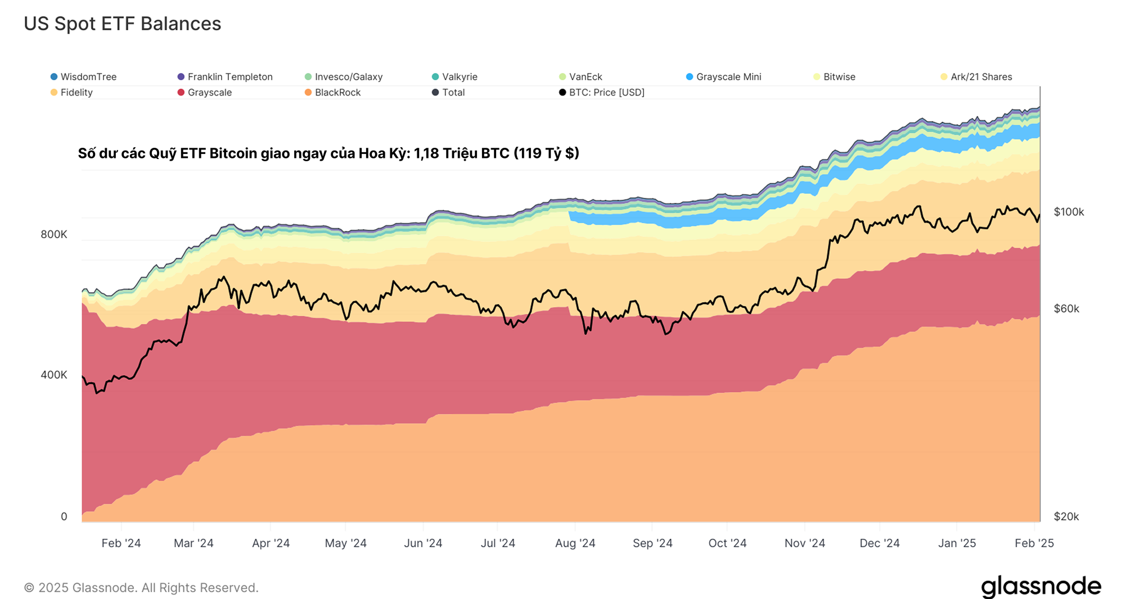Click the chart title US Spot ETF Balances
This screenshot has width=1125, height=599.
122,24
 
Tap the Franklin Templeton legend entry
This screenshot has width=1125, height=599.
225,77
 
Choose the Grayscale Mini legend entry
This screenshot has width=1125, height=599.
723,77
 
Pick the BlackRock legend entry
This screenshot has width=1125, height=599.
332,93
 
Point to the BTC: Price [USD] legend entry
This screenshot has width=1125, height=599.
602,93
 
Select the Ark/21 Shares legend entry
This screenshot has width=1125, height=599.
976,77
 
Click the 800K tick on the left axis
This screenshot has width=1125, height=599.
54,234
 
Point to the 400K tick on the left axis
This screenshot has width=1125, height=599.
54,375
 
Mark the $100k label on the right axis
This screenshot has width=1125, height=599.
1069,212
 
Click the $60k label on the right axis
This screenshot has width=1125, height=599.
1066,308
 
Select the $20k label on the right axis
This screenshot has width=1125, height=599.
1066,516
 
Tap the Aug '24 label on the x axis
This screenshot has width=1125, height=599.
575,543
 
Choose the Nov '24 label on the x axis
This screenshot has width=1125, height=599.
804,543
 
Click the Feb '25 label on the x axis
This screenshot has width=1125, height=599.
1034,543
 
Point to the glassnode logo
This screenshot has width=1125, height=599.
1041,587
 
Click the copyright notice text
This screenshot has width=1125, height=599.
141,588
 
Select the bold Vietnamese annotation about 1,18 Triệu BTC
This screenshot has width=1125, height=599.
328,153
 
